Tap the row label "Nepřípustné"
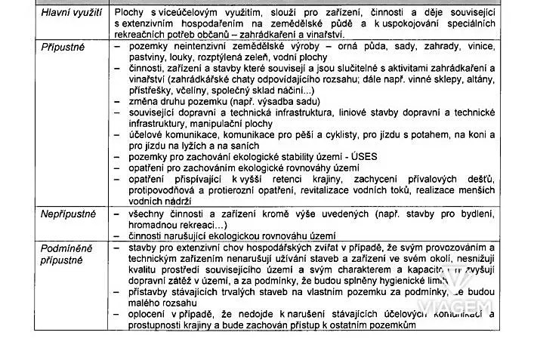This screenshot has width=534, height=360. point(68,214)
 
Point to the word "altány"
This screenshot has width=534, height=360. point(478,78)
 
